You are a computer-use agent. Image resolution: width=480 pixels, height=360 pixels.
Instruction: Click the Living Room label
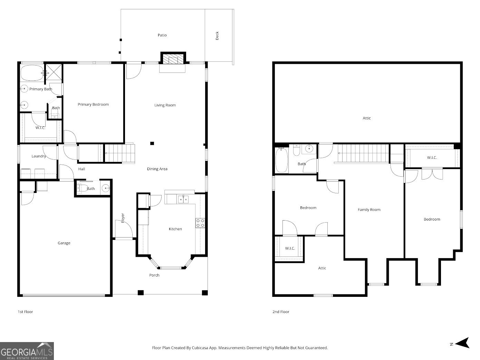(x=165, y=105)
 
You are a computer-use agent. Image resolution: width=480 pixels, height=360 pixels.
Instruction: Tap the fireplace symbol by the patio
(x=173, y=59)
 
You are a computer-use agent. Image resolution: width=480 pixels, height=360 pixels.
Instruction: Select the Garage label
(x=64, y=243)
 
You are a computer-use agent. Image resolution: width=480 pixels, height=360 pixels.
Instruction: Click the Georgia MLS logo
(x=27, y=351)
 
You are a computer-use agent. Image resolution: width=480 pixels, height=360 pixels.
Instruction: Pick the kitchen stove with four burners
(x=200, y=223)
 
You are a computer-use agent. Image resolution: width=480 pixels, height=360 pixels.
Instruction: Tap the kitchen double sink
(x=183, y=199)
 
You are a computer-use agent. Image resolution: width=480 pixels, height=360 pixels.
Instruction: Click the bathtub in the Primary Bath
(x=32, y=73)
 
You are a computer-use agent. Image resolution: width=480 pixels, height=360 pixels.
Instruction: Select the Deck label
(x=217, y=36)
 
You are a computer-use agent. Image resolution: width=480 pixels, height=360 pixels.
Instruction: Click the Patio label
(x=162, y=35)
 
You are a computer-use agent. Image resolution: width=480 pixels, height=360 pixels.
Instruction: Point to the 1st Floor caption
(x=25, y=312)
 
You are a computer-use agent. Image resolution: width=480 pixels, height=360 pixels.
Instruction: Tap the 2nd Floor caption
(x=280, y=312)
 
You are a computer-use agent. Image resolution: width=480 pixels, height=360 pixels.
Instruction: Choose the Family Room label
(x=369, y=210)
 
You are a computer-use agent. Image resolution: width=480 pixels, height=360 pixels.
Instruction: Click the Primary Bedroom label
(x=93, y=105)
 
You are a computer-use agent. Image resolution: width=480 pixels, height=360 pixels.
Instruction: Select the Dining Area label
(x=157, y=169)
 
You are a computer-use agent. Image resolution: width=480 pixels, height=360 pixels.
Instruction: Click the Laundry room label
(x=39, y=156)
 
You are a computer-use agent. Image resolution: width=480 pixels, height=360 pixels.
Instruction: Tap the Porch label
(x=154, y=275)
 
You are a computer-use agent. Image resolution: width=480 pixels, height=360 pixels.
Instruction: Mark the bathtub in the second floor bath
(x=281, y=160)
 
